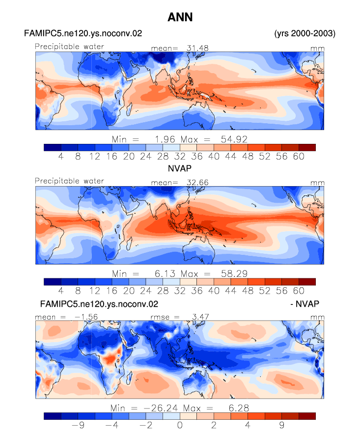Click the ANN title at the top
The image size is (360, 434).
click(x=180, y=17)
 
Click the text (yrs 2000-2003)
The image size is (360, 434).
click(x=305, y=33)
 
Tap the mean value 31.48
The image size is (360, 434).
click(x=197, y=48)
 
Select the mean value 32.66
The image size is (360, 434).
click(x=197, y=183)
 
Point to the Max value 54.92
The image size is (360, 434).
click(x=234, y=139)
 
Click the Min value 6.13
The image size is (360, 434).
click(x=165, y=274)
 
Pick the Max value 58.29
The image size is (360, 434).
click(x=234, y=274)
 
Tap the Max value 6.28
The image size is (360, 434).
click(x=239, y=408)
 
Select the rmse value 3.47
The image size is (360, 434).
click(x=200, y=317)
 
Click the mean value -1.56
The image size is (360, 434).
click(x=86, y=317)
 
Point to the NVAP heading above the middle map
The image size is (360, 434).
click(x=180, y=168)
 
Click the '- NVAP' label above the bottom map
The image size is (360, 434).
click(x=305, y=304)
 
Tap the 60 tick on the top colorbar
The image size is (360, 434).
click(x=299, y=157)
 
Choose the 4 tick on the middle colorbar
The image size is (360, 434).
click(x=61, y=291)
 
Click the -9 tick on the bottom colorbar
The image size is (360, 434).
click(x=78, y=425)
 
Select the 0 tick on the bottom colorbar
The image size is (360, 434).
click(x=180, y=425)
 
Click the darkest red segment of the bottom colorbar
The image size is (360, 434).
click(x=307, y=416)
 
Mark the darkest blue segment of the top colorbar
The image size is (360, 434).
click(x=53, y=147)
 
